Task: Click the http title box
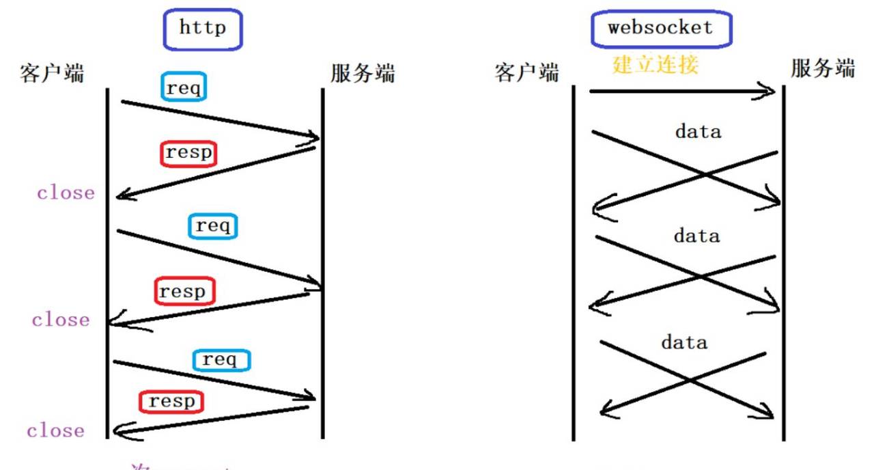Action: [x=202, y=29]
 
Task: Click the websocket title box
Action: [x=660, y=28]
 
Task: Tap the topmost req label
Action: [x=184, y=87]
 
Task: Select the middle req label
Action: [x=212, y=225]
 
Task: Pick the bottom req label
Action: [x=221, y=359]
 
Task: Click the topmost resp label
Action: [x=189, y=153]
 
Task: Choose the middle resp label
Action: [x=183, y=292]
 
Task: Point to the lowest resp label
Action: [x=171, y=401]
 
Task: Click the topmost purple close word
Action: [x=66, y=193]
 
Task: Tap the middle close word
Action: [x=60, y=319]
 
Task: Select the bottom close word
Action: [x=56, y=430]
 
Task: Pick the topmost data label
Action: [x=697, y=131]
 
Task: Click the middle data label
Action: [x=696, y=236]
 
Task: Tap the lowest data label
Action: [x=683, y=342]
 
